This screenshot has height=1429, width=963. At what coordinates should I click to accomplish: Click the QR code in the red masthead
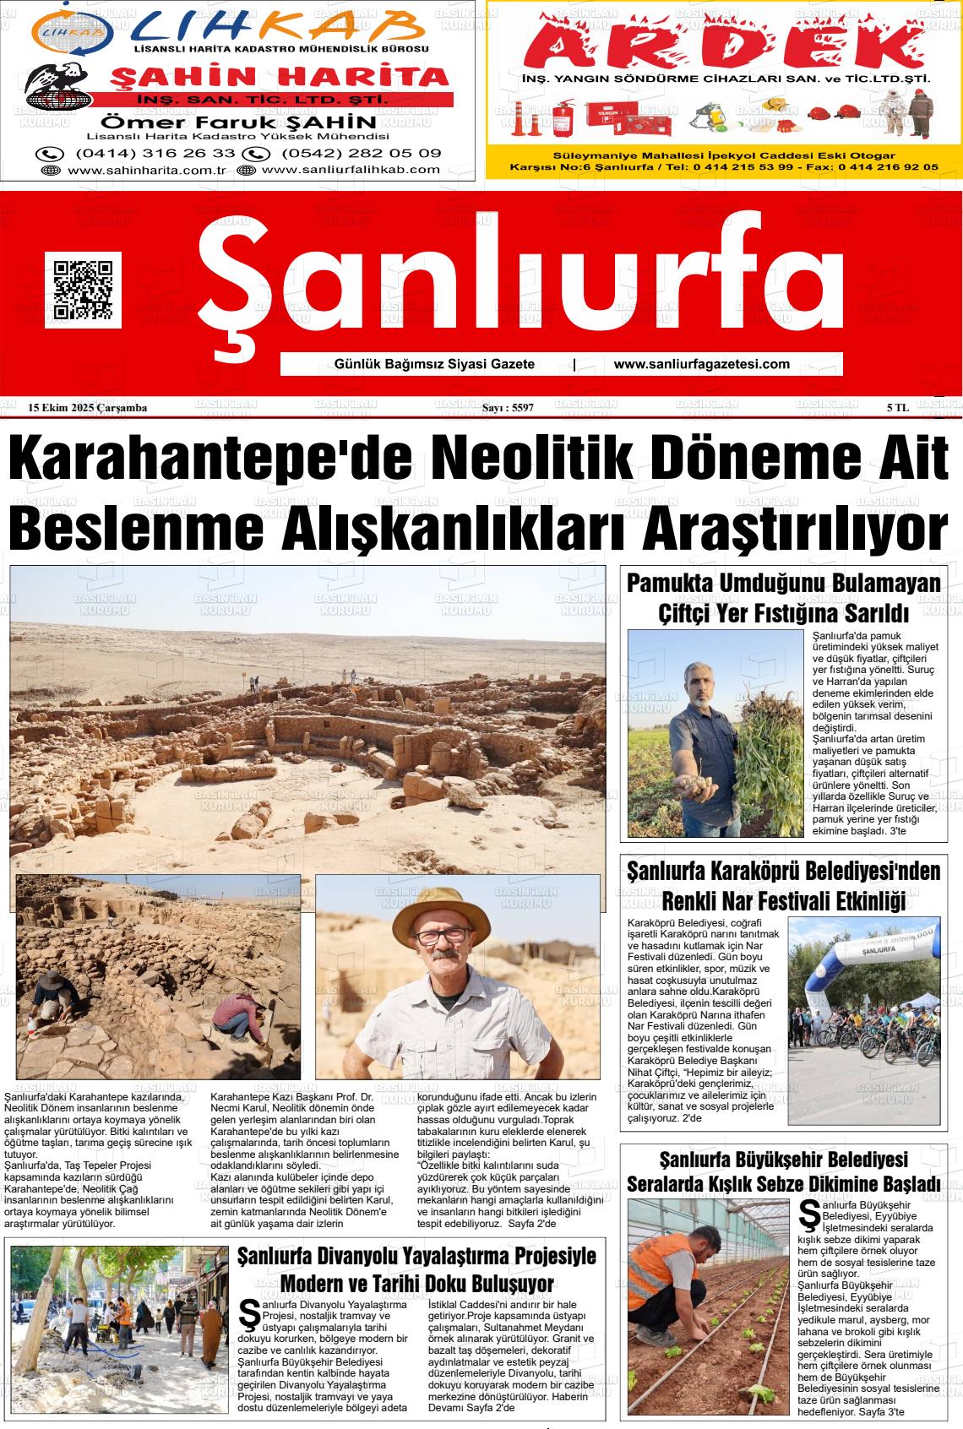[83, 290]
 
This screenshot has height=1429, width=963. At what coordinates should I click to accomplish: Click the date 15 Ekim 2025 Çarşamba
[88, 408]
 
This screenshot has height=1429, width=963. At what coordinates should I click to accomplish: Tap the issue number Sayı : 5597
[507, 408]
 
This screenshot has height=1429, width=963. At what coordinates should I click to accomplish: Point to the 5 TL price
[897, 408]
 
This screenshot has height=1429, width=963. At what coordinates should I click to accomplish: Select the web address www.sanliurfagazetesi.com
[701, 364]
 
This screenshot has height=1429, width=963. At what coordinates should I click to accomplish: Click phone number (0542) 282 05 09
[361, 153]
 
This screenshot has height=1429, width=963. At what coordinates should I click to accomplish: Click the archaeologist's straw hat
[435, 910]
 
